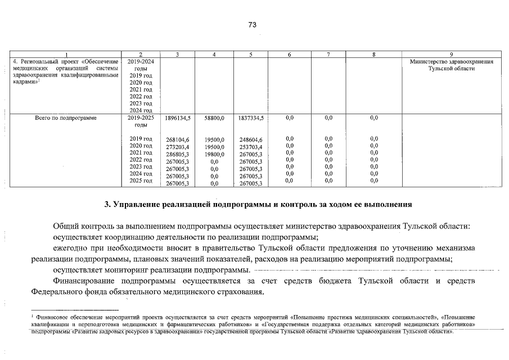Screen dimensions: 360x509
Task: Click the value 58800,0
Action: [214, 119]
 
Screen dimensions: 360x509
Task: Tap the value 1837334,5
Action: [251, 119]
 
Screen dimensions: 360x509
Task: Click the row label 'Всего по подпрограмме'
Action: [65, 119]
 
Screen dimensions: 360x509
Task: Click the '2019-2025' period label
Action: [141, 119]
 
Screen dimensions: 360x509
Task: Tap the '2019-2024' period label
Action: [141, 61]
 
